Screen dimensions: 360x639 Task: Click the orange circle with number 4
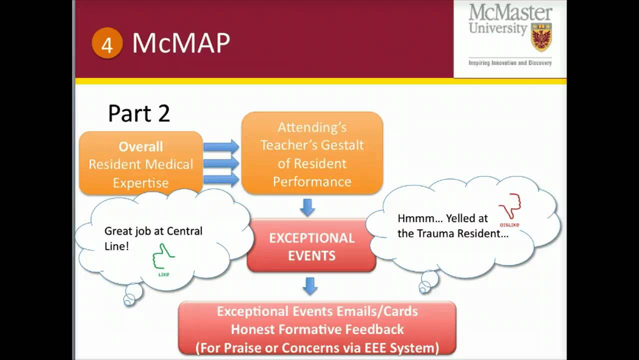coord(107,44)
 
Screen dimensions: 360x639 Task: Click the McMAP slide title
coord(180,43)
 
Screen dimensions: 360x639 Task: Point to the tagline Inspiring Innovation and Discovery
coord(509,63)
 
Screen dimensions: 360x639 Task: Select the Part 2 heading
coord(139,113)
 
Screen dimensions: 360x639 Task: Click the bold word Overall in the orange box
coord(140,146)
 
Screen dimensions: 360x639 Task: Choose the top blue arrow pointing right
coord(221,147)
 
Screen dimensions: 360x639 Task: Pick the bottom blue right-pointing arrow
coord(221,179)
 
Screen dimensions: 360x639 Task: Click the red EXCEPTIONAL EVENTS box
coord(311,246)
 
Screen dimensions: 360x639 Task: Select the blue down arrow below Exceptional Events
coord(310,286)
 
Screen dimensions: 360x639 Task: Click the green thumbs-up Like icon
coord(163,257)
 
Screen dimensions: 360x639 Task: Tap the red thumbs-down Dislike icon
coord(510,207)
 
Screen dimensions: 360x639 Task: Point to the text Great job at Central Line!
coord(153,238)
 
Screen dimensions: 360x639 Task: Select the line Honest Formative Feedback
coord(317,329)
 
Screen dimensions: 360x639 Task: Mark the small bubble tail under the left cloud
coord(131,294)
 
